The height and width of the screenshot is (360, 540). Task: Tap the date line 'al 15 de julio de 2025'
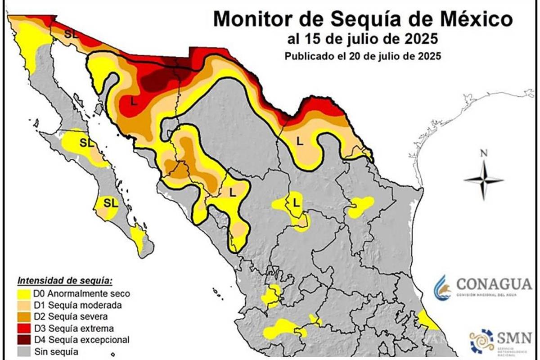362,39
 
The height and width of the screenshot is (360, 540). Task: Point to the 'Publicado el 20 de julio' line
362,57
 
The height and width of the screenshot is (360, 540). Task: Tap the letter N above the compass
484,153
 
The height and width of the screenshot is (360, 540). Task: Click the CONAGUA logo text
494,284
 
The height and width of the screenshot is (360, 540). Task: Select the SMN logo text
514,337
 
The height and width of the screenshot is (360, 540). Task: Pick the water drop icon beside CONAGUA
443,288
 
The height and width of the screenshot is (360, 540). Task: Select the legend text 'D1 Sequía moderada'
76,305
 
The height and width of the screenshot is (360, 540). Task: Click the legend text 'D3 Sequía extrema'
74,328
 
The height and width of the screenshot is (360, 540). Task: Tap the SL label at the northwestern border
70,33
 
